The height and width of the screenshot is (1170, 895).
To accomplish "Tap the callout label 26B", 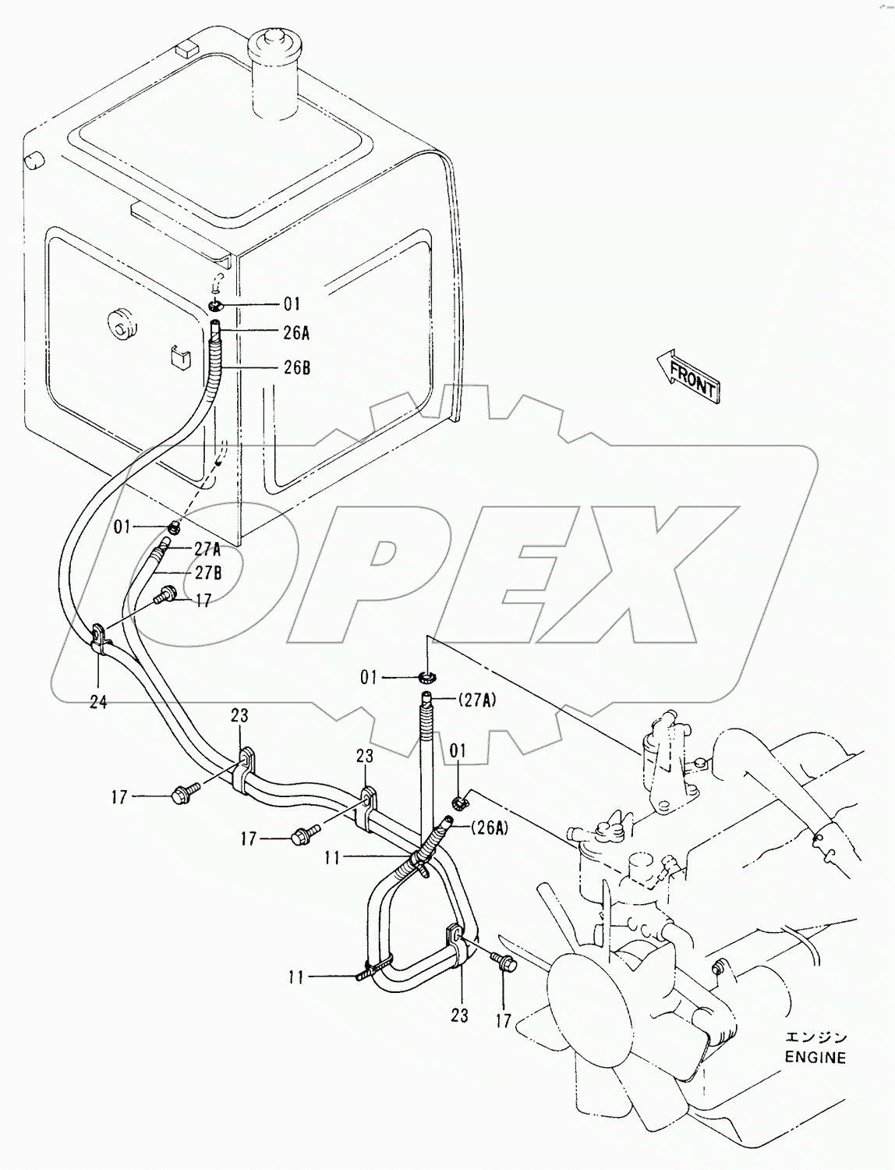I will pos(296,367).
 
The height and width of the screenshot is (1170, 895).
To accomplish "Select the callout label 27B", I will pos(208,573).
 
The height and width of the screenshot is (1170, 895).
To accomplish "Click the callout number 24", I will pos(97,702).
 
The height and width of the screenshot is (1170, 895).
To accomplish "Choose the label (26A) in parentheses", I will pos(489,829).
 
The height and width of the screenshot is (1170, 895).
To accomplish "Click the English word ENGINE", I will pos(814,1058).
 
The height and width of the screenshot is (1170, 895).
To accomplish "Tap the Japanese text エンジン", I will pos(815,1038).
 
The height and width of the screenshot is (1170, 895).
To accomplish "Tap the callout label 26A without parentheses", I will pos(296,334).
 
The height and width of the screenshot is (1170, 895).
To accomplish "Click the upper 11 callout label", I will pos(333,858).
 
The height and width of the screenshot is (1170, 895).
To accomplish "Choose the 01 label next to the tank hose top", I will pos(292,304).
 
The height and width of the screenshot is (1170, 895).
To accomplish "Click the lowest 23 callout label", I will pos(459,1015).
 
